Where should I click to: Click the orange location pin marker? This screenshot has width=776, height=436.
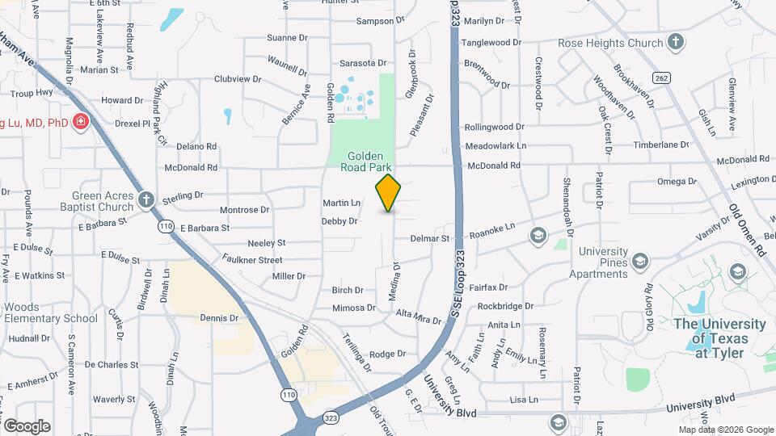(x=389, y=192)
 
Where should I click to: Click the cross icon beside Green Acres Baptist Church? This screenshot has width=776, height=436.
(x=145, y=199)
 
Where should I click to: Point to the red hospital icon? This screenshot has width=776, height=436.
(x=81, y=123)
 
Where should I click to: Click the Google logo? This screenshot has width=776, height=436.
(x=27, y=426)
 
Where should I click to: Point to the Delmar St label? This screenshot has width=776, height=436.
(x=429, y=239)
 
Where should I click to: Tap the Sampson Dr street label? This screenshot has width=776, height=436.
(x=378, y=22)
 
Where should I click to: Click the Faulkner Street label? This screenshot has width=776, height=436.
(x=253, y=260)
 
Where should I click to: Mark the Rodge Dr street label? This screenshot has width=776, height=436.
(x=387, y=354)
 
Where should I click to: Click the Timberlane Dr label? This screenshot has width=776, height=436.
(x=660, y=145)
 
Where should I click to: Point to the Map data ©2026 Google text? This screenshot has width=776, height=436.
(x=725, y=429)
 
